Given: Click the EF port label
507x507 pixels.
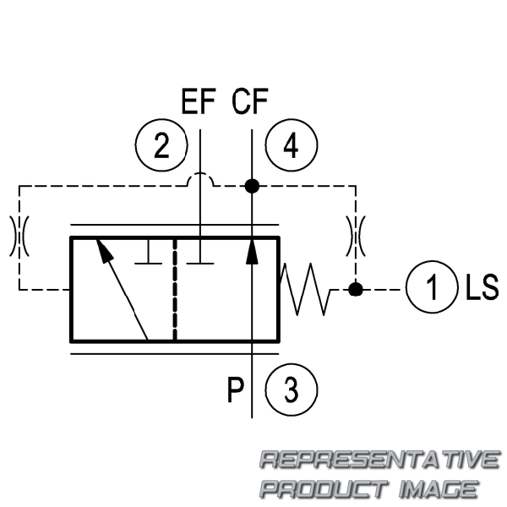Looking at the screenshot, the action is point(199,101).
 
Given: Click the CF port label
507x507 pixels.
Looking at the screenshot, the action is point(250,101).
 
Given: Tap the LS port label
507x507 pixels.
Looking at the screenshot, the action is point(482,286).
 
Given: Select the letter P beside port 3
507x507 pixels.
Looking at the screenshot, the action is point(235,390).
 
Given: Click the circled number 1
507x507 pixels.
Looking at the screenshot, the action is point(432,286).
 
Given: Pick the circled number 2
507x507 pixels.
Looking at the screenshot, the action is point(161,145).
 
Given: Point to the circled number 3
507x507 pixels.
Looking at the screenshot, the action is point(291,390).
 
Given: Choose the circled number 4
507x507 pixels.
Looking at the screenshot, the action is point(291,145).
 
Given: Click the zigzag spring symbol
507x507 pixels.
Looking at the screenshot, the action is point(305,289).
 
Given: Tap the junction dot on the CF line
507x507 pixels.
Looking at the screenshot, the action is point(252,186).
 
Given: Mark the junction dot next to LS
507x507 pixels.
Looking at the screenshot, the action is point(356,289).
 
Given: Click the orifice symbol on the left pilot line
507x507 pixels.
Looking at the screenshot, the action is point(19,236).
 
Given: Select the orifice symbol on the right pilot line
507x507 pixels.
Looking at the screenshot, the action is point(356,236).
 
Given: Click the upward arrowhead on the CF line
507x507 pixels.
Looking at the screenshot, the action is point(252,251).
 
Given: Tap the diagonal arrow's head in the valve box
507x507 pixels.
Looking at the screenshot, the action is point(105,250).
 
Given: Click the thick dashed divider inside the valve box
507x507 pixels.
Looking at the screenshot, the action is point(175,289).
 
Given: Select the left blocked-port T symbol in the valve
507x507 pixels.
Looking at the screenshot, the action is point(148,252).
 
